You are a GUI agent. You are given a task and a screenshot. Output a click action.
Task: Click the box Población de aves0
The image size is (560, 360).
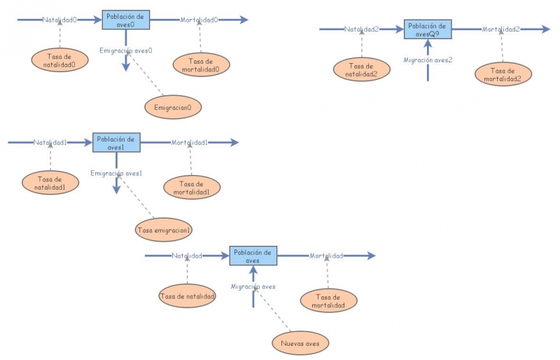pyautogui.click(x=126, y=20)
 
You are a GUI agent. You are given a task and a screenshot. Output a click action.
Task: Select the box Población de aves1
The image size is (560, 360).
pyautogui.click(x=116, y=143)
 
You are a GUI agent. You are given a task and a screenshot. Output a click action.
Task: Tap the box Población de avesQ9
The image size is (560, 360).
pyautogui.click(x=428, y=29)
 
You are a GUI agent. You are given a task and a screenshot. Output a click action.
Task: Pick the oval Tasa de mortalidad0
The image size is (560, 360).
pyautogui.click(x=200, y=64)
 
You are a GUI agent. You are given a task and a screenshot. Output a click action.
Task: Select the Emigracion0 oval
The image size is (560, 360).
pyautogui.click(x=173, y=107)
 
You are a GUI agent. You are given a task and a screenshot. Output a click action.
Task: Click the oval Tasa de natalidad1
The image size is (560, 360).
pyautogui.click(x=50, y=184)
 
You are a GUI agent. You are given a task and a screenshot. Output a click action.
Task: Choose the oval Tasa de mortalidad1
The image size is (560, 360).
pyautogui.click(x=191, y=188)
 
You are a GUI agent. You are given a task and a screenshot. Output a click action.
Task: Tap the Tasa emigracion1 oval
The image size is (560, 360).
pyautogui.click(x=164, y=230)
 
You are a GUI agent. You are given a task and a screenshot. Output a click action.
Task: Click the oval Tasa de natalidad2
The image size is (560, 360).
pyautogui.click(x=362, y=69)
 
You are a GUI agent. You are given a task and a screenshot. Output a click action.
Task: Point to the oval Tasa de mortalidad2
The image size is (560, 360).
pyautogui.click(x=503, y=74)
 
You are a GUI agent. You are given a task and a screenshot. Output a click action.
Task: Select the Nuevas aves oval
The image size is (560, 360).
pyautogui.click(x=300, y=343)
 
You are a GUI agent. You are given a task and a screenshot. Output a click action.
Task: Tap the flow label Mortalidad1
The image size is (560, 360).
pyautogui.click(x=190, y=143)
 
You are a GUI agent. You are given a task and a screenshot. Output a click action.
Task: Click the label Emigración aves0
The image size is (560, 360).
pyautogui.click(x=126, y=50)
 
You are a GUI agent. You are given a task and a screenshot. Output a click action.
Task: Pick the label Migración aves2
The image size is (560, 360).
pyautogui.click(x=428, y=60)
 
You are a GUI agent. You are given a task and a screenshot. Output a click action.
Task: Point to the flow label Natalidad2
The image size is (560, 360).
pyautogui.click(x=362, y=29)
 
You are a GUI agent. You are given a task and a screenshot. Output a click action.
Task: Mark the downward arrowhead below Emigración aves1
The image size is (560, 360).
pyautogui.click(x=116, y=190)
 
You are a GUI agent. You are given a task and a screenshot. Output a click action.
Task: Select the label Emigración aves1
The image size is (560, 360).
pyautogui.click(x=116, y=173)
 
